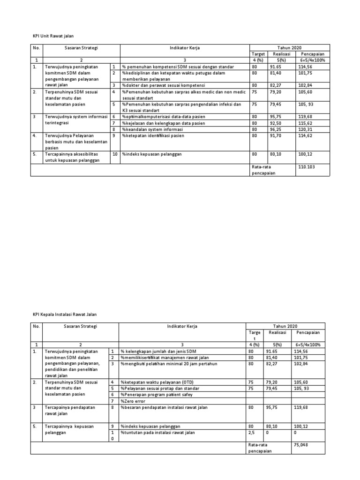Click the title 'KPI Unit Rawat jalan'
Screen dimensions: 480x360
pos(53,36)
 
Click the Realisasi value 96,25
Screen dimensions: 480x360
pos(272,129)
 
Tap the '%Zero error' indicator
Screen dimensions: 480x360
pos(134,401)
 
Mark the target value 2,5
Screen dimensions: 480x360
pos(251,433)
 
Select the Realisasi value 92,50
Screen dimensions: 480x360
pos(272,123)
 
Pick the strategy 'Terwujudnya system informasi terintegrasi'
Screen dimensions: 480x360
pos(75,120)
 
